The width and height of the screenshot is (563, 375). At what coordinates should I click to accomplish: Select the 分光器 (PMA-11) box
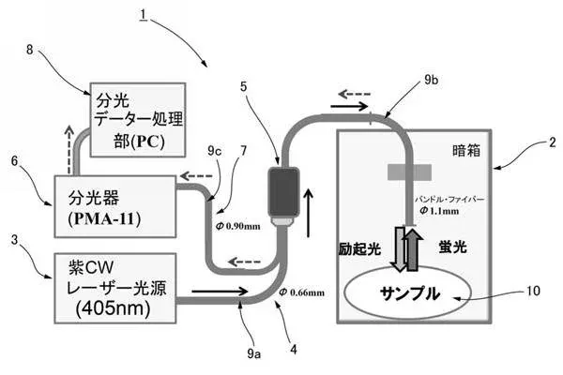tap(114, 202)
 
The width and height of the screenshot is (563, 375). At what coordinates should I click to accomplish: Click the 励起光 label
tap(358, 250)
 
